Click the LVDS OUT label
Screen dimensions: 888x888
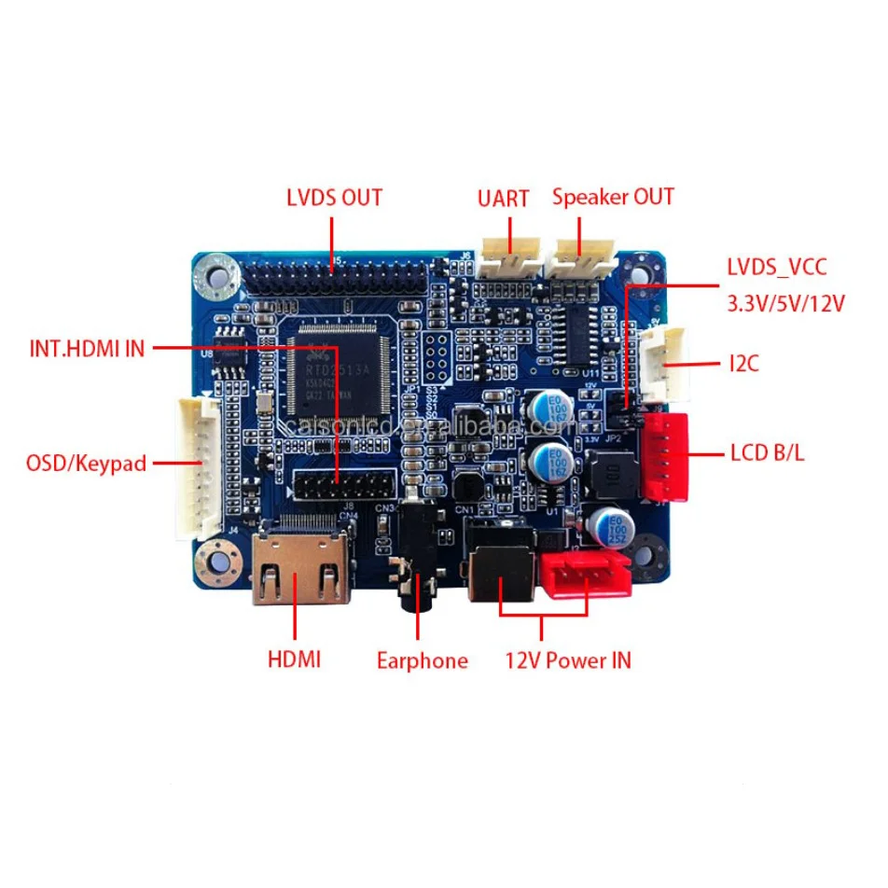pyautogui.click(x=334, y=198)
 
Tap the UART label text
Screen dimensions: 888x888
pyautogui.click(x=503, y=199)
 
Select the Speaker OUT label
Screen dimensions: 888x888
pyautogui.click(x=612, y=197)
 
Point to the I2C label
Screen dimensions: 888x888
pyautogui.click(x=744, y=363)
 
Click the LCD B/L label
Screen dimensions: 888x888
pyautogui.click(x=767, y=454)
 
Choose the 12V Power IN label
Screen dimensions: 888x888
pyautogui.click(x=567, y=660)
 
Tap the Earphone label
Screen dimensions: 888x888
pyautogui.click(x=422, y=661)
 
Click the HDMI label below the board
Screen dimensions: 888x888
pyautogui.click(x=294, y=659)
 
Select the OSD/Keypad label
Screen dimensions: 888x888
pyautogui.click(x=86, y=463)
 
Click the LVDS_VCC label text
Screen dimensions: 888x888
pyautogui.click(x=776, y=268)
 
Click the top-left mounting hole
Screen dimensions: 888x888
pyautogui.click(x=217, y=274)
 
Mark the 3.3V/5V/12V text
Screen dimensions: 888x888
pyautogui.click(x=785, y=304)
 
